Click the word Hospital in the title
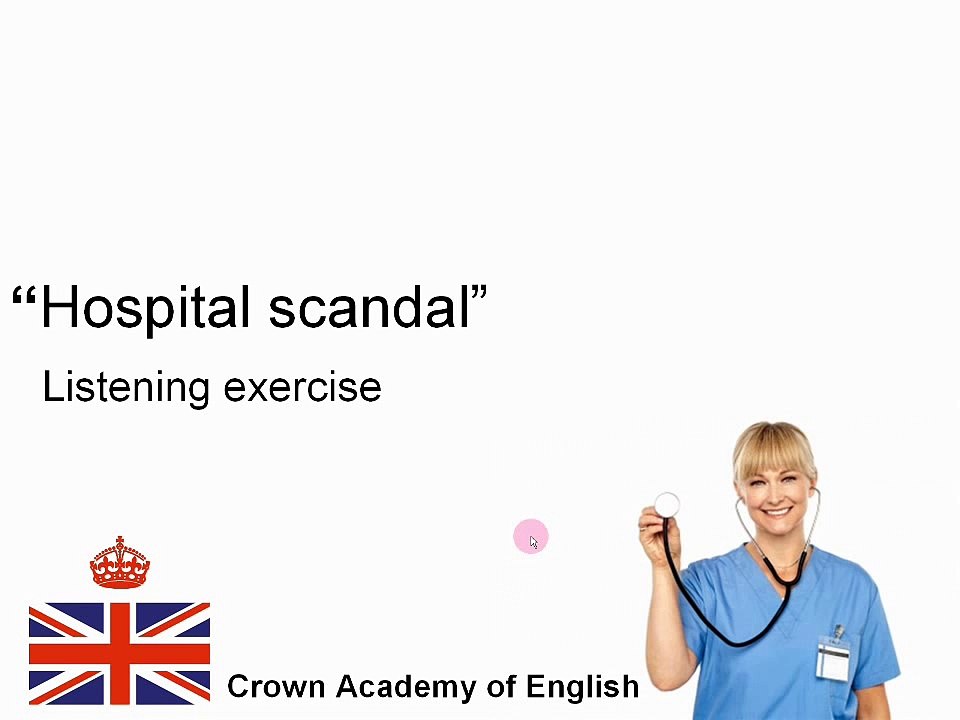pyautogui.click(x=145, y=307)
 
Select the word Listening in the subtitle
pyautogui.click(x=126, y=387)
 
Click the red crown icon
pyautogui.click(x=119, y=563)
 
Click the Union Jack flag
pyautogui.click(x=119, y=653)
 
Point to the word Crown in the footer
pyautogui.click(x=276, y=687)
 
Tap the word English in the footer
pyautogui.click(x=582, y=687)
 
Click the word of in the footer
pyautogui.click(x=501, y=687)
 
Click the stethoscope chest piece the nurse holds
pyautogui.click(x=667, y=505)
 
